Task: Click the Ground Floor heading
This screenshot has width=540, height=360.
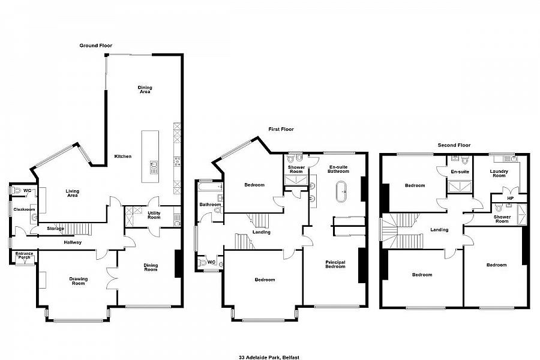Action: pos(96,46)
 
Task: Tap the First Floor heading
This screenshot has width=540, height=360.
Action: pos(281,129)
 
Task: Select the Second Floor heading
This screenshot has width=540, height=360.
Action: pos(454,145)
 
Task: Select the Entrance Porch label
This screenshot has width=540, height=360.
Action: pos(24,256)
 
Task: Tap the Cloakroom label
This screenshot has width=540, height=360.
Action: pos(24,209)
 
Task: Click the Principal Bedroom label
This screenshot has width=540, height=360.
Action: pos(335,264)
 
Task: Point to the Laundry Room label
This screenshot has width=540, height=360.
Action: pos(499,173)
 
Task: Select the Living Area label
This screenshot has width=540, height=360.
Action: pos(72,193)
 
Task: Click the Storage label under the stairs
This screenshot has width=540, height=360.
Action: pos(55,229)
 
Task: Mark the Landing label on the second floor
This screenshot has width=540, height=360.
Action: pos(439,229)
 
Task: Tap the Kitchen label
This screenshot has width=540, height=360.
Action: pos(123,157)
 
